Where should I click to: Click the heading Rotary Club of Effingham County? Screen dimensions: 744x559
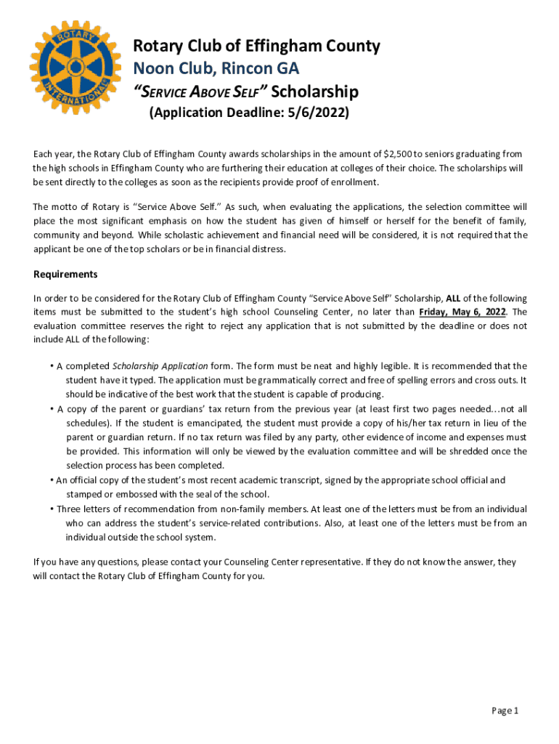[256, 46]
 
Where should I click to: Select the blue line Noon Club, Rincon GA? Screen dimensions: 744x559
[216, 69]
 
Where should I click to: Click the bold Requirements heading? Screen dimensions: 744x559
[65, 275]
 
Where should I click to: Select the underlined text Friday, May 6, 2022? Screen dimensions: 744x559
[462, 312]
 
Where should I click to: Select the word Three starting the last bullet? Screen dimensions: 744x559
[70, 509]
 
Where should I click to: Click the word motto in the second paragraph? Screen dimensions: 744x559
[65, 206]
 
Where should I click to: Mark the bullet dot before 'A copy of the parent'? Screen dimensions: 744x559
[52, 408]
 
